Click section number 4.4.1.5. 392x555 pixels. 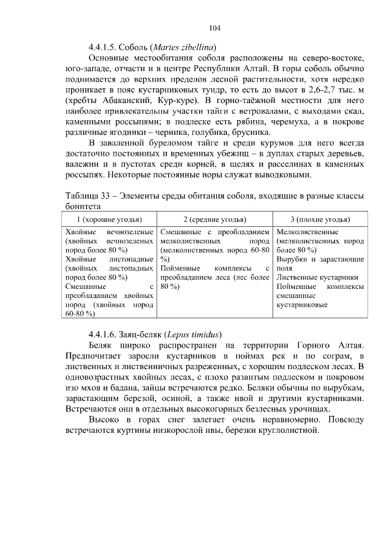coord(102,47)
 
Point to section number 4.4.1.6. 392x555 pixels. coord(102,335)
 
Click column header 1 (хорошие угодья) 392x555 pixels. coord(109,220)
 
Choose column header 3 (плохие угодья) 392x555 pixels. coord(320,220)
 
